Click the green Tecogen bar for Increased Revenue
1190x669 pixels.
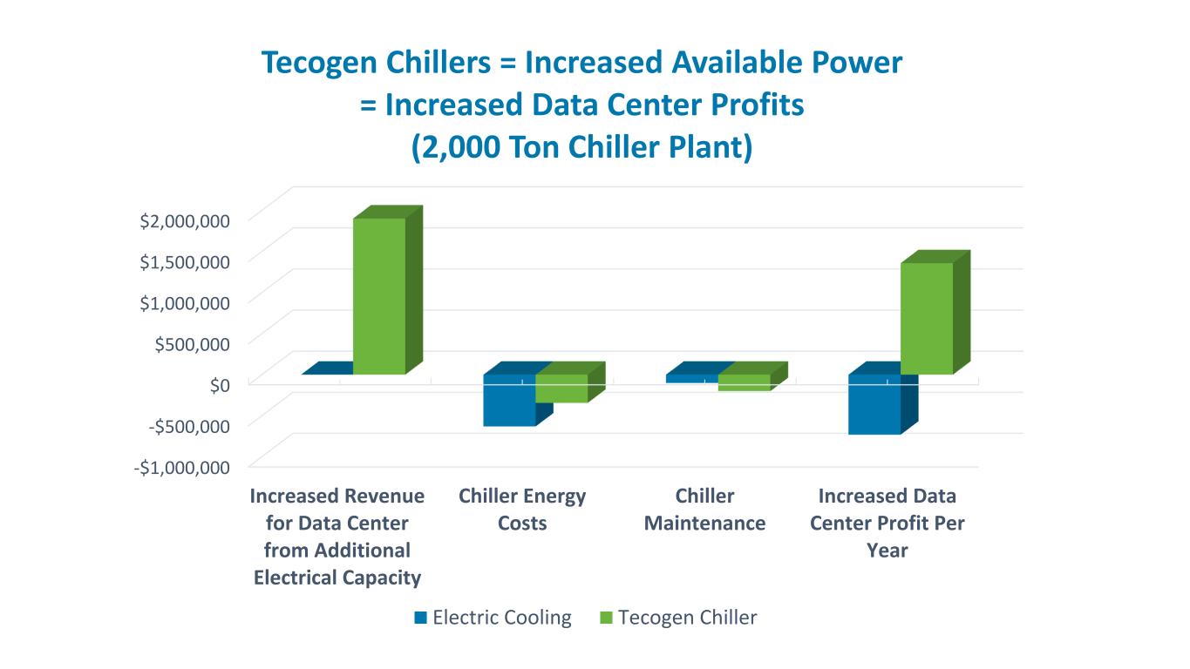[x=379, y=296]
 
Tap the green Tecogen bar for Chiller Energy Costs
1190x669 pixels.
[x=561, y=389]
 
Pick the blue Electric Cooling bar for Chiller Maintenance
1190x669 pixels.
[x=692, y=379]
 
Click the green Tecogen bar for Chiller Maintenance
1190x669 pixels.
[x=745, y=382]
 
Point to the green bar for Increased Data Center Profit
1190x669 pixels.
[x=927, y=319]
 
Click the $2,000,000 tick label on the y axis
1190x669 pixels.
[x=185, y=220]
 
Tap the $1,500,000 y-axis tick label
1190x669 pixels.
[x=185, y=260]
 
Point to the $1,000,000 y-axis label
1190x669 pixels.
[x=185, y=301]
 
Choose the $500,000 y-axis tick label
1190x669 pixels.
[x=193, y=342]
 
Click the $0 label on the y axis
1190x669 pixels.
[x=220, y=384]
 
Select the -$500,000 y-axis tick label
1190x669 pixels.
[x=189, y=425]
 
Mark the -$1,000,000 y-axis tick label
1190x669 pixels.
[x=182, y=467]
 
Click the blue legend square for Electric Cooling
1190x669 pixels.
[x=421, y=618]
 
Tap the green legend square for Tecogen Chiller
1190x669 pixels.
[x=607, y=618]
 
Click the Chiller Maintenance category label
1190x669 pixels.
[x=704, y=510]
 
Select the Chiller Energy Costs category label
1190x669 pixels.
[x=522, y=510]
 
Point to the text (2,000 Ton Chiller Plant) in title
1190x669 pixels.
[x=581, y=146]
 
